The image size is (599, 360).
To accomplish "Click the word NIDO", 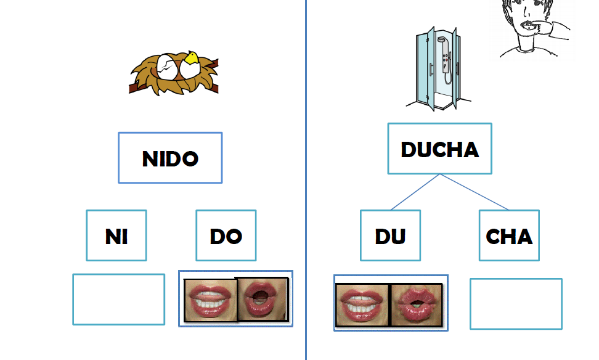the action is [170, 158].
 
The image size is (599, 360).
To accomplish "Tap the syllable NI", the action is [116, 237].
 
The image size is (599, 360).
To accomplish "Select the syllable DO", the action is [226, 237].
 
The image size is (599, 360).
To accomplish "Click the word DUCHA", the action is [440, 149].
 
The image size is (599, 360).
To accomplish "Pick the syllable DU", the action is [390, 237].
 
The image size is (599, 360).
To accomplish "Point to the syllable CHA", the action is [509, 237].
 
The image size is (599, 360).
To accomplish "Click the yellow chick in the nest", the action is [190, 58].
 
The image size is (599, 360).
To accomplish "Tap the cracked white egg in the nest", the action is [167, 67].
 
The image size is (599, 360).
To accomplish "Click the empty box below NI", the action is [119, 299].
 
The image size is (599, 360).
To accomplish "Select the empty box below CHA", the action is [516, 304].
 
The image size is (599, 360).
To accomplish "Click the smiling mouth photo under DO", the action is [211, 300].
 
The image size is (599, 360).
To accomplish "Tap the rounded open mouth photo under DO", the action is [263, 299].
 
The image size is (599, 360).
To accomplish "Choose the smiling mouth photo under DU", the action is [362, 305].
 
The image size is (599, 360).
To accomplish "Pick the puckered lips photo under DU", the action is [417, 305].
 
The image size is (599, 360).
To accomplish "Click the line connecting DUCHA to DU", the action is [415, 192].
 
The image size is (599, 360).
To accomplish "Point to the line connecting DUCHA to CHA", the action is [474, 192].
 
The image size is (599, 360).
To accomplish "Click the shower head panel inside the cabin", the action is [445, 55].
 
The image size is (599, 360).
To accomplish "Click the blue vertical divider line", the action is [306, 180].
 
